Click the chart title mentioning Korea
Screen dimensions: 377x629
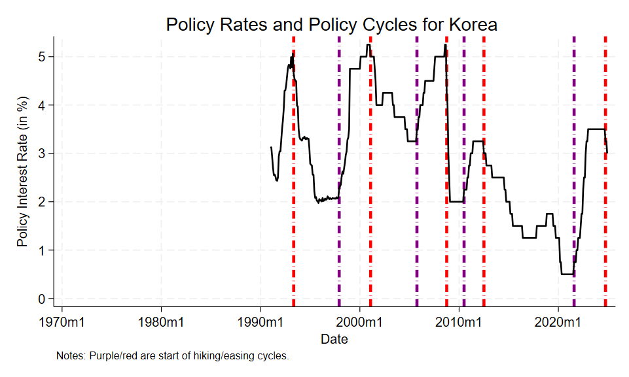click(x=332, y=25)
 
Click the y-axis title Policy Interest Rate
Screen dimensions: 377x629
click(x=23, y=172)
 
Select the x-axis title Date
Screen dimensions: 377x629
click(x=334, y=339)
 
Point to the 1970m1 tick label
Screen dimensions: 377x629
click(x=62, y=322)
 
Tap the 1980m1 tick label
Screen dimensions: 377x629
click(x=161, y=322)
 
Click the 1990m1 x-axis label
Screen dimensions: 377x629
click(x=261, y=322)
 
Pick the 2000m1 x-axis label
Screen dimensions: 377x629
click(x=360, y=322)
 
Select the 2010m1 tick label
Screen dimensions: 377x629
click(x=459, y=322)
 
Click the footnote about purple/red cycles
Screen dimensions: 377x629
click(x=172, y=356)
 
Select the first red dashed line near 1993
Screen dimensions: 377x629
click(x=293, y=196)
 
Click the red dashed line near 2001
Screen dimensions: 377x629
click(x=370, y=196)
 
